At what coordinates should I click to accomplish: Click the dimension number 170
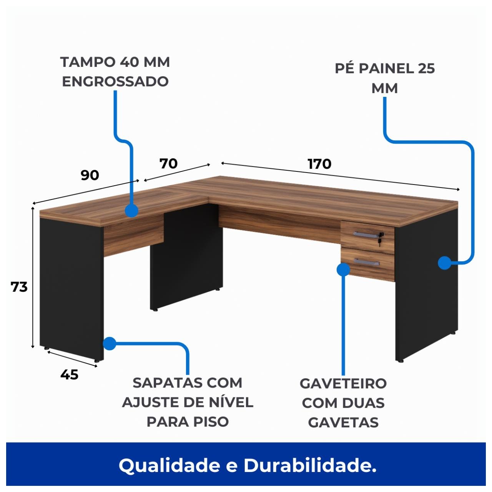319,164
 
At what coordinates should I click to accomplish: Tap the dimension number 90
90,175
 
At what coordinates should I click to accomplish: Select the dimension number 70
168,163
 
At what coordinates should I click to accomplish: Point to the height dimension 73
19,287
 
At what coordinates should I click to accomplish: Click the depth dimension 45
69,374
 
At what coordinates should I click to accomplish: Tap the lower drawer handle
367,263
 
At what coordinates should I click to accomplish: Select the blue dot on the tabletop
131,211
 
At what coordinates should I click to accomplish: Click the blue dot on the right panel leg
444,263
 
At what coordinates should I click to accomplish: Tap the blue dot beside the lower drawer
343,269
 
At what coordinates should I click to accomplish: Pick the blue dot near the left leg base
110,343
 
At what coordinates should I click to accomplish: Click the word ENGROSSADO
115,81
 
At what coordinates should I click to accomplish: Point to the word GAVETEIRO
343,383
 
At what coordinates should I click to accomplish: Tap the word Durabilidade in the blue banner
310,466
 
